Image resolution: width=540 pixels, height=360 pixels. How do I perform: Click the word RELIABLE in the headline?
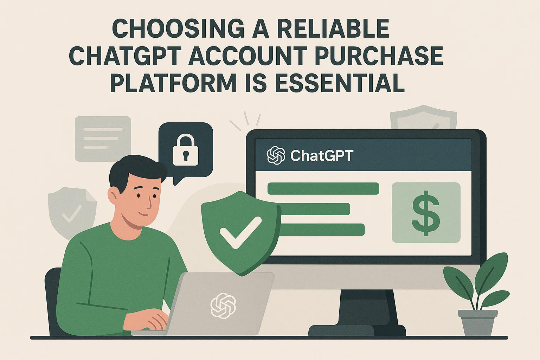point(333,28)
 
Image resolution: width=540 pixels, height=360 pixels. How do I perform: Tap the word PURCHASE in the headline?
point(379,56)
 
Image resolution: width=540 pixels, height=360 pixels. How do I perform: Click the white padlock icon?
point(185,150)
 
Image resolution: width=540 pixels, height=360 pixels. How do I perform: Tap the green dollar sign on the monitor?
point(426,213)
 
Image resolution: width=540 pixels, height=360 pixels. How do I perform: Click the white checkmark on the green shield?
point(241,232)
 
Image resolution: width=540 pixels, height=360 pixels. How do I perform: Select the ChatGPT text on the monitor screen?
point(322,156)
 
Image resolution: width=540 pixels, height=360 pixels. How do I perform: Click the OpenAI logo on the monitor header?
point(276,155)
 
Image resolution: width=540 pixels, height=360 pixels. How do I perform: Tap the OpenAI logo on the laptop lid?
point(223,306)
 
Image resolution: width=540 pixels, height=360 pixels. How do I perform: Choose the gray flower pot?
point(477,323)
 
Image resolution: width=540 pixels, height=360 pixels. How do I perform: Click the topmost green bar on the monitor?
point(323,188)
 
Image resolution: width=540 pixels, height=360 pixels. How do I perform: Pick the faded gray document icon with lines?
point(103,139)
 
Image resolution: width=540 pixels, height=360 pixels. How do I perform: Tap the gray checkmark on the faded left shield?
point(72,214)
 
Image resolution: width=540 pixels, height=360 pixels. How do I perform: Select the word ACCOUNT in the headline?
point(248,56)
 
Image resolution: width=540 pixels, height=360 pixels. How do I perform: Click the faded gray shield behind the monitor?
point(423,117)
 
